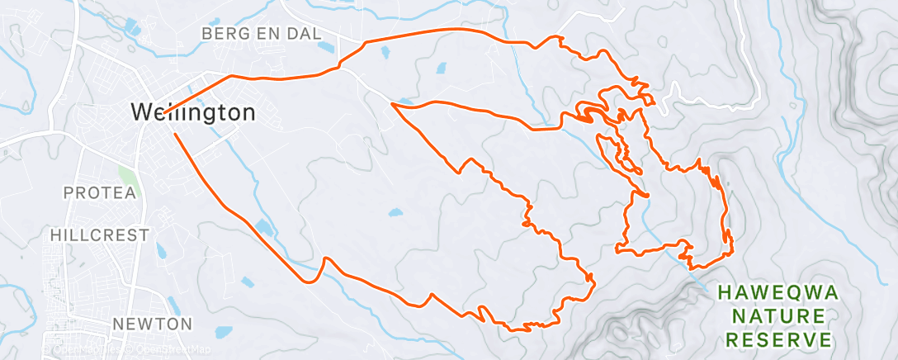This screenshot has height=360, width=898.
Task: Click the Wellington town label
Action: (193, 112)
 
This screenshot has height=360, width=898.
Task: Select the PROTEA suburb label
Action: (98, 192)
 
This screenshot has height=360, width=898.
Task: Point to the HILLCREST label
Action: (100, 234)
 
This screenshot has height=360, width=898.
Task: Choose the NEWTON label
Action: (153, 323)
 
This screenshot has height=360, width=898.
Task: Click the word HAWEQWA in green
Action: (777, 292)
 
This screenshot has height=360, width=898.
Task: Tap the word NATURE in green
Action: (778, 316)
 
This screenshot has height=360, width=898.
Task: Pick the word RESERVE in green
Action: (778, 340)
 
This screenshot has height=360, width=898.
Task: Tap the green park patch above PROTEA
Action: (126, 175)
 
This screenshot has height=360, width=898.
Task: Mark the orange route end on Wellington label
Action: (163, 113)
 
